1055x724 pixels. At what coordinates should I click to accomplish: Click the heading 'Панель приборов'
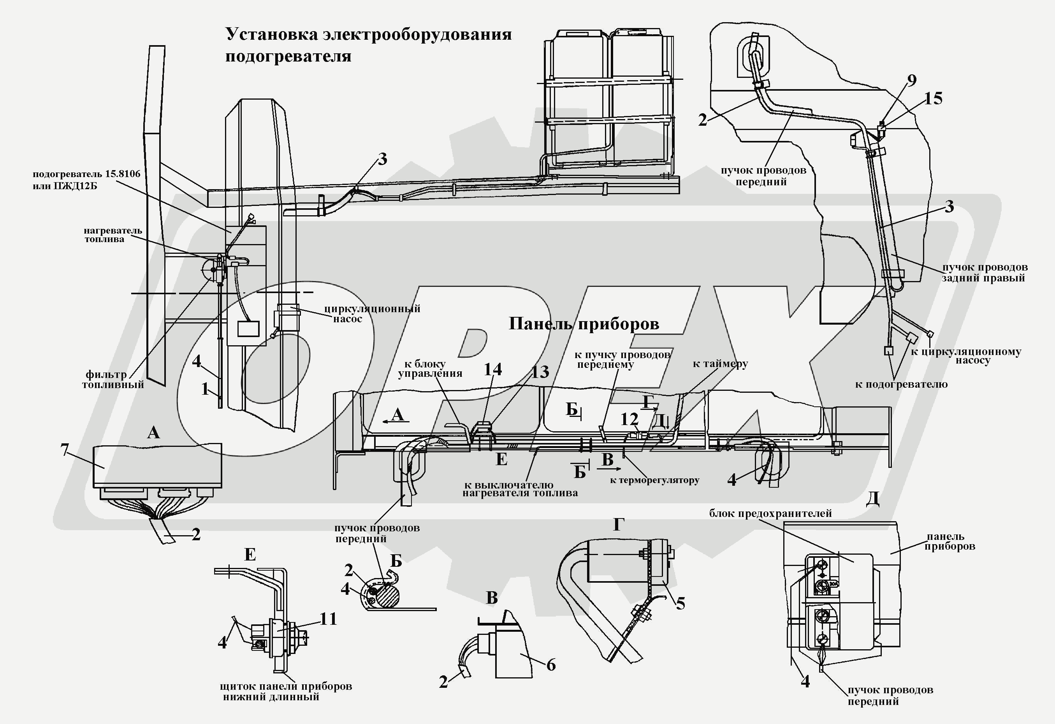584,323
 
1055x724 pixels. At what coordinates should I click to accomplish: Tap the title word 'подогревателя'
288,56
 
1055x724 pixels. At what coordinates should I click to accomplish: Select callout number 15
933,98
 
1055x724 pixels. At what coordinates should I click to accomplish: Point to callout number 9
912,80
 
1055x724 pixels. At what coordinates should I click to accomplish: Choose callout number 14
492,369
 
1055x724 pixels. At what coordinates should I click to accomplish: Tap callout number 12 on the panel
629,419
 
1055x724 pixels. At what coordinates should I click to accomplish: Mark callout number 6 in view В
550,665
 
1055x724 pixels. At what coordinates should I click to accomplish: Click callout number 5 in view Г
680,603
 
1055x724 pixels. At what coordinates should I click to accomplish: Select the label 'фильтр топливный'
113,380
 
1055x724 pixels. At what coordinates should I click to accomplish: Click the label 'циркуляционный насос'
372,314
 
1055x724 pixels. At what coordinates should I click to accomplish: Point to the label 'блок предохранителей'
770,513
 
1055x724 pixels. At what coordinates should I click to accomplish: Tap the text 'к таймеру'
721,364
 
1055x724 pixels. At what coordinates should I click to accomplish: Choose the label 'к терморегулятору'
655,480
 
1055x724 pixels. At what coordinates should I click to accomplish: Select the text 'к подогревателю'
902,385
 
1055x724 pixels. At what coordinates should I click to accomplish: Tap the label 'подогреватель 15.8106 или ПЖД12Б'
86,180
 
